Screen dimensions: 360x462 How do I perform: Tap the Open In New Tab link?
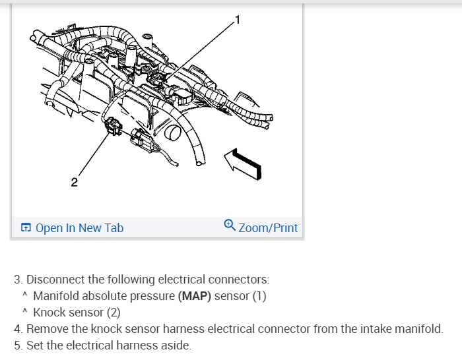pyautogui.click(x=79, y=228)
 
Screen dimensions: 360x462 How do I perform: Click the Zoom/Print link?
pyautogui.click(x=268, y=228)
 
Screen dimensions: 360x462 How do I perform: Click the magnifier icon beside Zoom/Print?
pyautogui.click(x=229, y=225)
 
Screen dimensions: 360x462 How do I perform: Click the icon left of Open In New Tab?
pyautogui.click(x=26, y=228)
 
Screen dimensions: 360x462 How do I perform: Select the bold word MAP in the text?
pyautogui.click(x=195, y=296)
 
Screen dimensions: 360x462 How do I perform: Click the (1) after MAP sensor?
pyautogui.click(x=258, y=296)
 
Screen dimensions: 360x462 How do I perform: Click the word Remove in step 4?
pyautogui.click(x=48, y=328)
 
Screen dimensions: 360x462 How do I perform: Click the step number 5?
pyautogui.click(x=17, y=345)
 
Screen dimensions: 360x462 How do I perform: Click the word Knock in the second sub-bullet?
pyautogui.click(x=49, y=313)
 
